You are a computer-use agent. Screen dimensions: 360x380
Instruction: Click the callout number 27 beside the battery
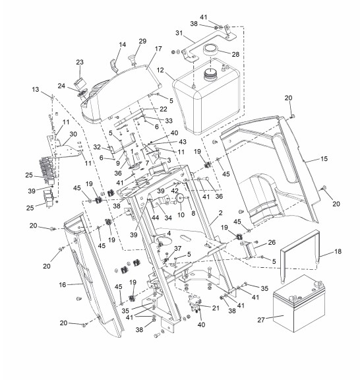coord(261,320)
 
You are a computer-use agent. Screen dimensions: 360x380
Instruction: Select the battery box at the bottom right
coord(299,303)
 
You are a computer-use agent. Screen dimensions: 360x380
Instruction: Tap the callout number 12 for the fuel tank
coord(160,71)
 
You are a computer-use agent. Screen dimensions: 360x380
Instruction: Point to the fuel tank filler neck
coord(210,75)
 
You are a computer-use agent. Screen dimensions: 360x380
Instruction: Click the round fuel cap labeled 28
coord(210,50)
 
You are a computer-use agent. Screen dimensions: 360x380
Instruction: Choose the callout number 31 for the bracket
coord(179,33)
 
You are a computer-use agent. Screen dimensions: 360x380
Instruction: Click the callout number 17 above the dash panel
coord(158,49)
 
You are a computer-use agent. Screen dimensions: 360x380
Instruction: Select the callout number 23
coord(80,62)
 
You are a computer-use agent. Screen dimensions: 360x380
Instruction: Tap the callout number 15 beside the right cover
coord(324,159)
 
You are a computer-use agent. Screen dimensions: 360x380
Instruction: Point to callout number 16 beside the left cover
coord(63,284)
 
